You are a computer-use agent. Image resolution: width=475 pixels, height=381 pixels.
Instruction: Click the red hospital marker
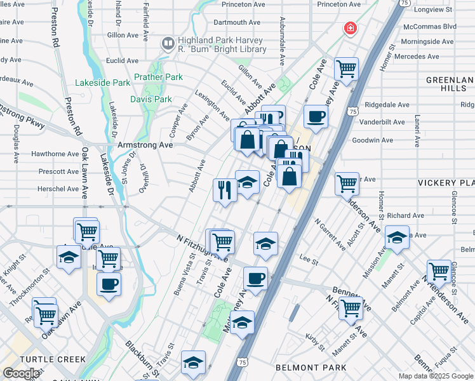tap(349, 29)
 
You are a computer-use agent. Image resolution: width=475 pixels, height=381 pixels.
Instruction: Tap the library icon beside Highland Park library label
tap(168, 44)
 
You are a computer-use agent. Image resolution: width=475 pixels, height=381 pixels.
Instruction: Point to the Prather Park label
tap(158, 77)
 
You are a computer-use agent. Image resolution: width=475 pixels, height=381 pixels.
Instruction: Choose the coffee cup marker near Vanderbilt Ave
tap(316, 116)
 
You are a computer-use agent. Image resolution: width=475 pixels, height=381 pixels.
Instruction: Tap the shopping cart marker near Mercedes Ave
tap(346, 68)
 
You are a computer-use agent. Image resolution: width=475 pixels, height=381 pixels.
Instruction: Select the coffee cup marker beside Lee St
tap(255, 278)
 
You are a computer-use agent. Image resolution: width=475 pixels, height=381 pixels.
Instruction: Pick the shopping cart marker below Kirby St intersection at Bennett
tap(351, 308)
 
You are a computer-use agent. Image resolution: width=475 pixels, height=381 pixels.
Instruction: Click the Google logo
tap(20, 373)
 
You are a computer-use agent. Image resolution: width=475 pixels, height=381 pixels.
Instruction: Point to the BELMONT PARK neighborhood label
tap(311, 368)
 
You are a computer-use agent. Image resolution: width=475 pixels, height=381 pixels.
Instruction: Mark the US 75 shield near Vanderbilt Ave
tap(352, 110)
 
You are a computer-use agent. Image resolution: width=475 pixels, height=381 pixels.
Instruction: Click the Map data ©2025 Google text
tap(436, 376)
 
